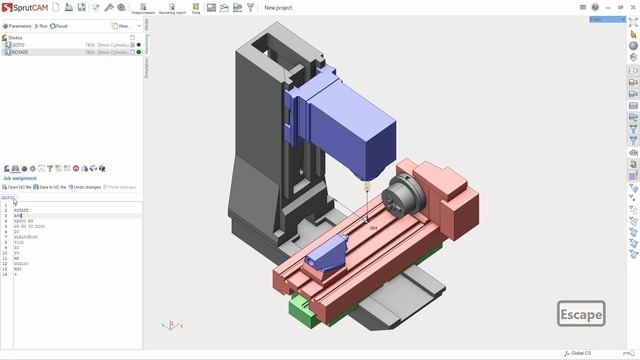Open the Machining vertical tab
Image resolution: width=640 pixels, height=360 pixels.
click(146, 42)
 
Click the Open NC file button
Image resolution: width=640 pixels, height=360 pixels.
click(18, 187)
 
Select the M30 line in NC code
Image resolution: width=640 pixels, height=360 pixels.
click(18, 269)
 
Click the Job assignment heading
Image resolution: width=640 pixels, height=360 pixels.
click(20, 178)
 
